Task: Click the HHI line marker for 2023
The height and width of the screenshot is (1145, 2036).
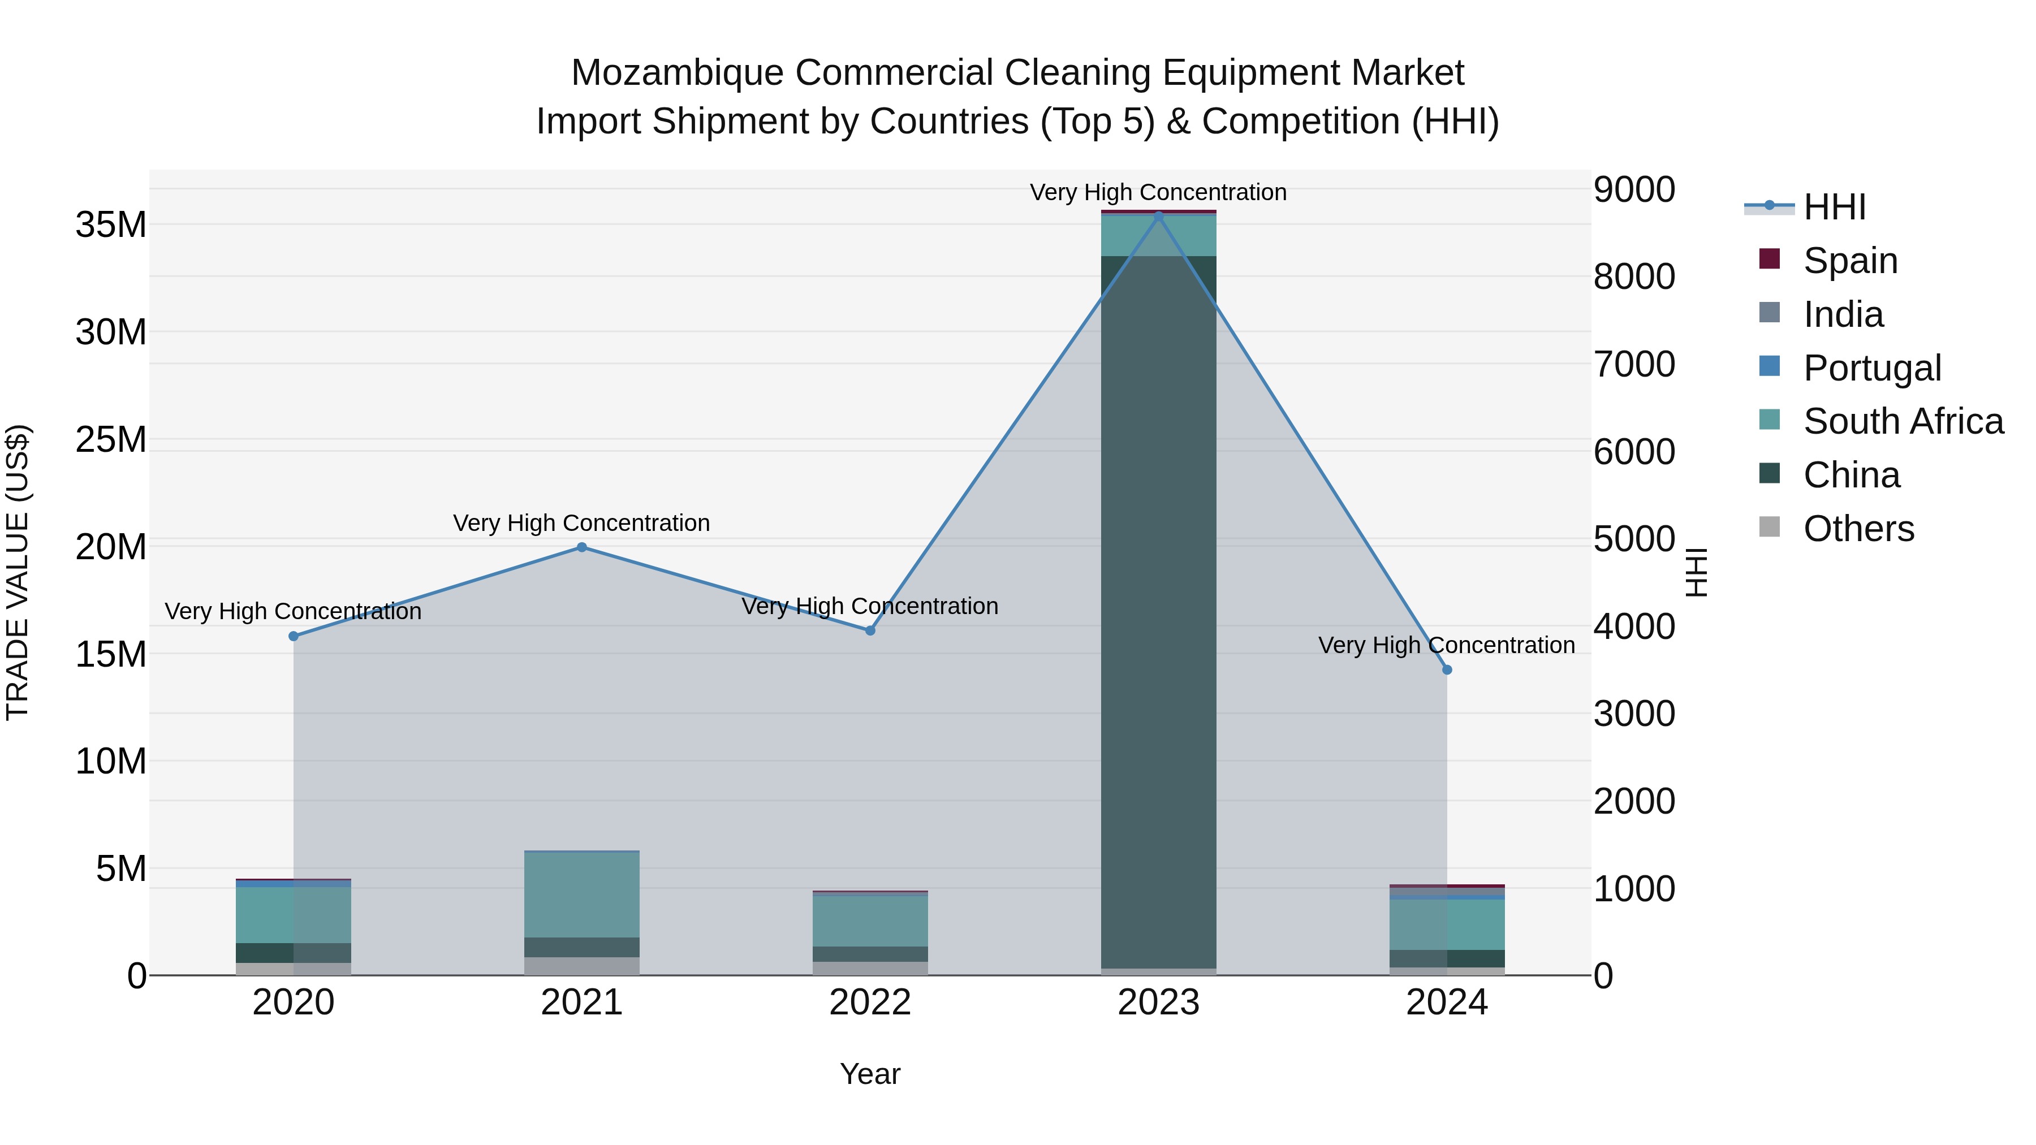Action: (1159, 216)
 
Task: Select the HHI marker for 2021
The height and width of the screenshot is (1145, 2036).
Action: (582, 547)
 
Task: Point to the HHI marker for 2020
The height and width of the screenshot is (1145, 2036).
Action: (293, 636)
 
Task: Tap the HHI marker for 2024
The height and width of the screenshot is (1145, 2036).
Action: (1447, 670)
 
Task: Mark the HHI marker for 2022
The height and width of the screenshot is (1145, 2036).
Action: (870, 630)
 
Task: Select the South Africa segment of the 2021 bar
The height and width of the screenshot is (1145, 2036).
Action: (582, 895)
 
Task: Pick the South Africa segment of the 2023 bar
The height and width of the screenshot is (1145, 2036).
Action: (1159, 235)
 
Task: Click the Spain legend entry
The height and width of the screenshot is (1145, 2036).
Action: (1849, 260)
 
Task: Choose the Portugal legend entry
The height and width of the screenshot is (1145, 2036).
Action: (1871, 368)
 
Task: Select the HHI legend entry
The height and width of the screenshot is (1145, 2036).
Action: (1834, 207)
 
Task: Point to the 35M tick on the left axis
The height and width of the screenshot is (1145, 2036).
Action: (111, 225)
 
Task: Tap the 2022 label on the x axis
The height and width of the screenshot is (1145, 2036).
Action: (870, 1003)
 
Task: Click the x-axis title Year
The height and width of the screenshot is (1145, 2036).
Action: (870, 1074)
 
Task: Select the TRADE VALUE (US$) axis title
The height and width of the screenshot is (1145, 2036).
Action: (18, 572)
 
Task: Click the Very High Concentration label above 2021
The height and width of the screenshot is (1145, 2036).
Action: (582, 523)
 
